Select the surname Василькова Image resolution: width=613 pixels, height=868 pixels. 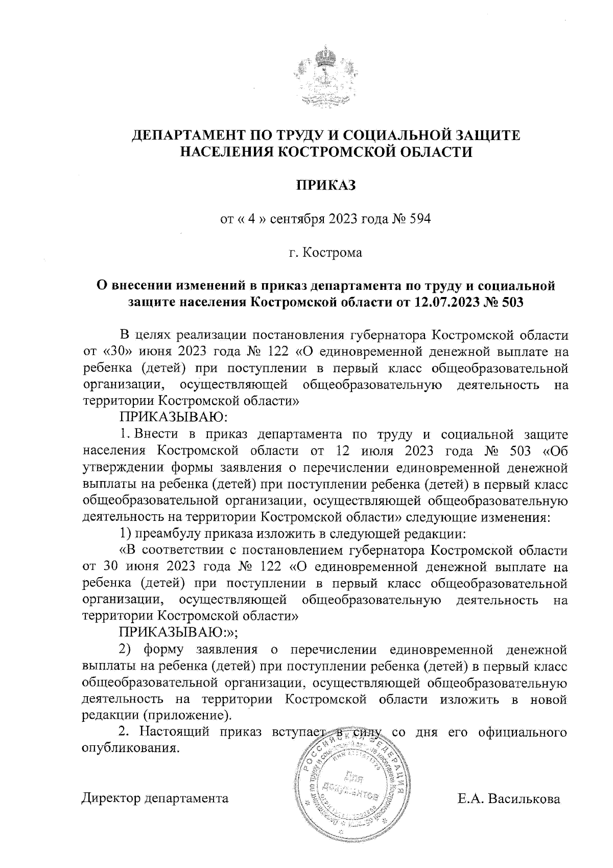[524, 798]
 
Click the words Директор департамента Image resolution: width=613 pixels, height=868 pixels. [155, 798]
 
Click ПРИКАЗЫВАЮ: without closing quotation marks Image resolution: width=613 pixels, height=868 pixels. [173, 417]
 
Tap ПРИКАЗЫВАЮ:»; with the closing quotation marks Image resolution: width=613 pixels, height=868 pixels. [178, 633]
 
